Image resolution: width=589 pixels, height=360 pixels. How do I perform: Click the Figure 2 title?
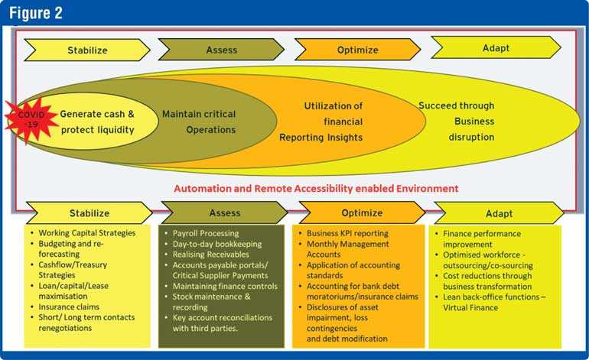36,13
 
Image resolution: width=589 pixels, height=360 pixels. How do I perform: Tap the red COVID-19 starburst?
30,120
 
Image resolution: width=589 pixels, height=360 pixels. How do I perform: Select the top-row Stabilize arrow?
87,50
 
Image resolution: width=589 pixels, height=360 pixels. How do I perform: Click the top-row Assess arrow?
221,50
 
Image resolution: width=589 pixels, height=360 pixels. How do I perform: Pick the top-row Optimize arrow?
358,50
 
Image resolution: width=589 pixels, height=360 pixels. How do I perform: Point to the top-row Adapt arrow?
496,47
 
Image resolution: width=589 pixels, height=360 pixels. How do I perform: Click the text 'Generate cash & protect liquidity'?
97,122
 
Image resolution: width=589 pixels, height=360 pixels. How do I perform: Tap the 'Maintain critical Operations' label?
199,122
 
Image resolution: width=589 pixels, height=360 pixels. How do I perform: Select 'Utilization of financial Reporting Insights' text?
321,122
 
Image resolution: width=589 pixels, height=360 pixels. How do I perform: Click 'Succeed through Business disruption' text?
457,122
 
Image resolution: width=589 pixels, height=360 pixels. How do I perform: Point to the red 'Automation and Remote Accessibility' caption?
316,188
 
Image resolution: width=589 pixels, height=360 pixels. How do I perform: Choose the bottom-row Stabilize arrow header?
89,213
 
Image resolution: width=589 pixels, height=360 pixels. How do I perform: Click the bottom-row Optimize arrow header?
362,212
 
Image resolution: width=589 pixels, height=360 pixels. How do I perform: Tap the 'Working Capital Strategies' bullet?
86,233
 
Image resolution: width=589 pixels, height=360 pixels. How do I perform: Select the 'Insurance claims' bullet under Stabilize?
69,306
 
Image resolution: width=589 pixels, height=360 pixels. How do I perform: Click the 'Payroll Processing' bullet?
206,233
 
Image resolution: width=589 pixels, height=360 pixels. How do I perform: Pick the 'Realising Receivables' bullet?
210,254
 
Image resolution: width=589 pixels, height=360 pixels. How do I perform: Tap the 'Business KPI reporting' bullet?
347,233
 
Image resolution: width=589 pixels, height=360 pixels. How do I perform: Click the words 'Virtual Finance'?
470,307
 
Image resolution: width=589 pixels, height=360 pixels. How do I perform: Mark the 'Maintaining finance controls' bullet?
225,286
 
